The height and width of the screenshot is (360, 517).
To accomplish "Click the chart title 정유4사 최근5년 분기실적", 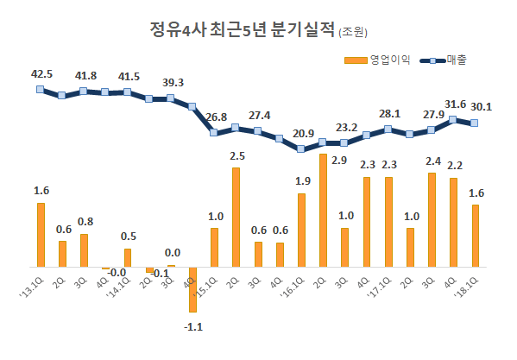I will (241, 31).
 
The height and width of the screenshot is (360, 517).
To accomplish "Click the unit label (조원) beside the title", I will (353, 33).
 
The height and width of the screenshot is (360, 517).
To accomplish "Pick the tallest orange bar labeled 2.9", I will (323, 210).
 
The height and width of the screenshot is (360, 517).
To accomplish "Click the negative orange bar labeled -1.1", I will (192, 288).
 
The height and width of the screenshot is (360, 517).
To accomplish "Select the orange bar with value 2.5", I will (236, 217).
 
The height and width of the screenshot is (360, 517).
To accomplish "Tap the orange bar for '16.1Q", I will (301, 230).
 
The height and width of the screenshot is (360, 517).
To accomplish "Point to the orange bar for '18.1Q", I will (475, 236).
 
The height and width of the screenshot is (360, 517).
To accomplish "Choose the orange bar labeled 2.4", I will (432, 219).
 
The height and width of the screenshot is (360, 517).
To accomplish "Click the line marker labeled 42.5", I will (40, 89).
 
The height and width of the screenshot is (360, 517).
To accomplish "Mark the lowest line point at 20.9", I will (301, 148).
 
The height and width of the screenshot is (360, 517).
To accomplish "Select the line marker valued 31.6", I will (453, 119).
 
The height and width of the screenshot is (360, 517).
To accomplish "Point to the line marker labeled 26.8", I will (214, 132).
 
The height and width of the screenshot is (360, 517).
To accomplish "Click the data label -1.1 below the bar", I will (193, 327).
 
